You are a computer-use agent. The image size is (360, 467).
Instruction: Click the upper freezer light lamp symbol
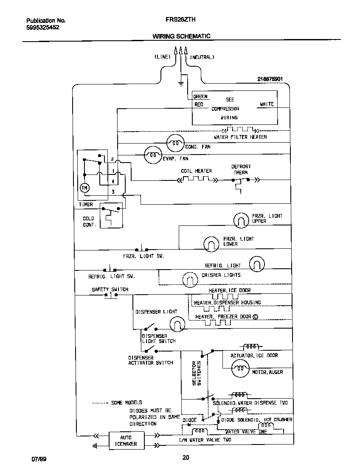click(242, 220)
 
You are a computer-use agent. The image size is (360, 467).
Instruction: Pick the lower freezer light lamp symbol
click(211, 243)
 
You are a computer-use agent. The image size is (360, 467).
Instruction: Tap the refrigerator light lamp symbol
click(256, 264)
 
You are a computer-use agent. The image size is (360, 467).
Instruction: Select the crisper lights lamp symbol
click(190, 279)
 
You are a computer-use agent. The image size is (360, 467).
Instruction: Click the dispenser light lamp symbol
click(177, 324)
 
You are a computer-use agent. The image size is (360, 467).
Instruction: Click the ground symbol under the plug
click(180, 83)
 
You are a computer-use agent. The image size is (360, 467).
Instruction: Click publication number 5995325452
click(42, 27)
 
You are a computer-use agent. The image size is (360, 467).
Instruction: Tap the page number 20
click(186, 458)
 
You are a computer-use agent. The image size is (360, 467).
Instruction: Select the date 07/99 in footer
click(38, 459)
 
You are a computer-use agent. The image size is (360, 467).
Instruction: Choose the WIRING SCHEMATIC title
click(181, 37)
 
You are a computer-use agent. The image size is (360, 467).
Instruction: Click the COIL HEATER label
click(196, 171)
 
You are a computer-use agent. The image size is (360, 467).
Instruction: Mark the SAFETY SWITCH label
click(110, 290)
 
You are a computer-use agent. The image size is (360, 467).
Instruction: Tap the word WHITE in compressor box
click(267, 104)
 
